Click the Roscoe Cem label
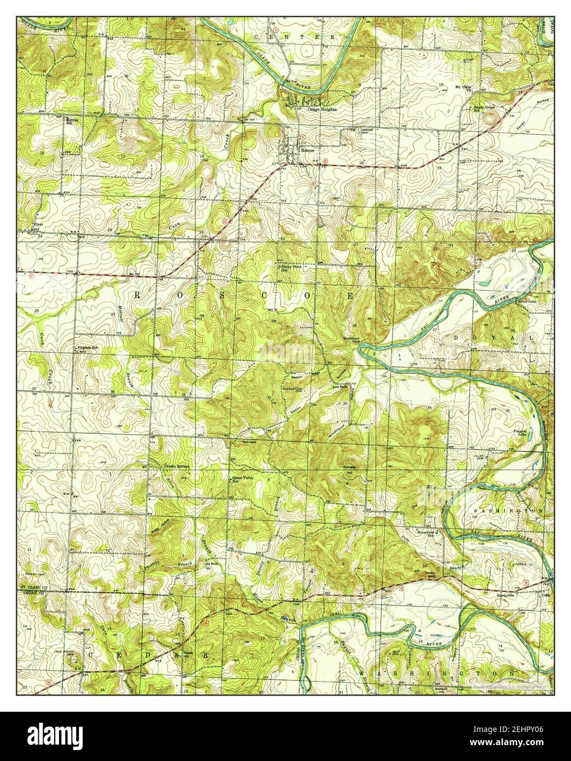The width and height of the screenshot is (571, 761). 366,131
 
